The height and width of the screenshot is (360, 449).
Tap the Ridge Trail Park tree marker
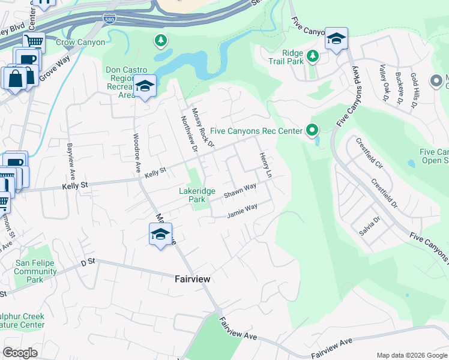312,56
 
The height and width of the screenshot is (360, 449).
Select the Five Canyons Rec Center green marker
312,130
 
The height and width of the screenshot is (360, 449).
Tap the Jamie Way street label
242,211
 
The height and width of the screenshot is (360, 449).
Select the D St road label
88,262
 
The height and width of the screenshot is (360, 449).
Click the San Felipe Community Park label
37,271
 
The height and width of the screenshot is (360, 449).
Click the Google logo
20,353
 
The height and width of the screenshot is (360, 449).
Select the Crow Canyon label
80,43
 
